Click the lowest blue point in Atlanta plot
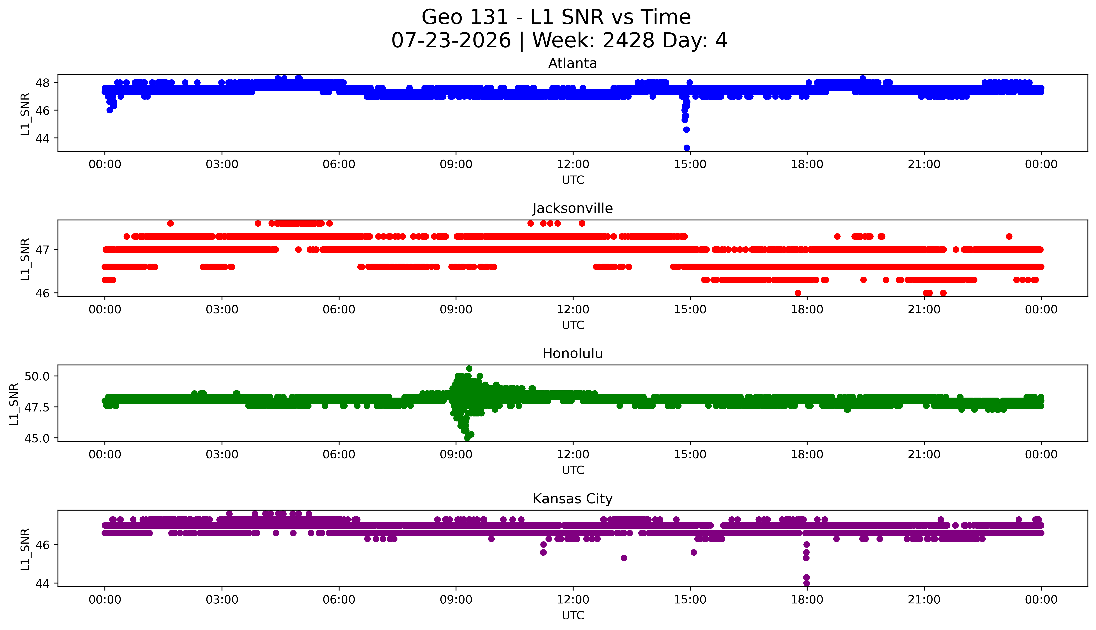[x=687, y=148]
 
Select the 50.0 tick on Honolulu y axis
[x=38, y=376]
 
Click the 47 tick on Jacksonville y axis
[x=44, y=250]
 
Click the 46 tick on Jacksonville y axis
[x=44, y=293]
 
